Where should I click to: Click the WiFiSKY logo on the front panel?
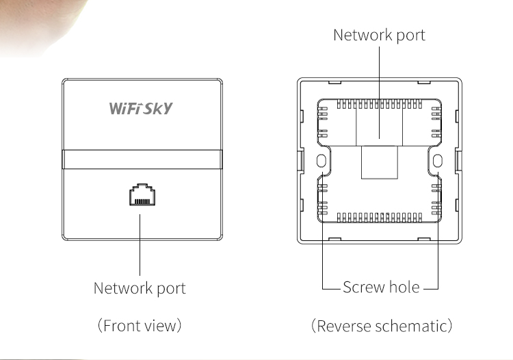point(141,108)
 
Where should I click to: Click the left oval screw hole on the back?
point(321,160)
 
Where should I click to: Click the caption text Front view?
point(140,324)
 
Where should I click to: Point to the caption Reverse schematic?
point(382,324)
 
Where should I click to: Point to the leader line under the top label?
point(380,82)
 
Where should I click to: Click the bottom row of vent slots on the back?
point(380,218)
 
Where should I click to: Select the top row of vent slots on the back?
point(380,104)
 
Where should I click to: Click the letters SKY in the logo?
point(160,108)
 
